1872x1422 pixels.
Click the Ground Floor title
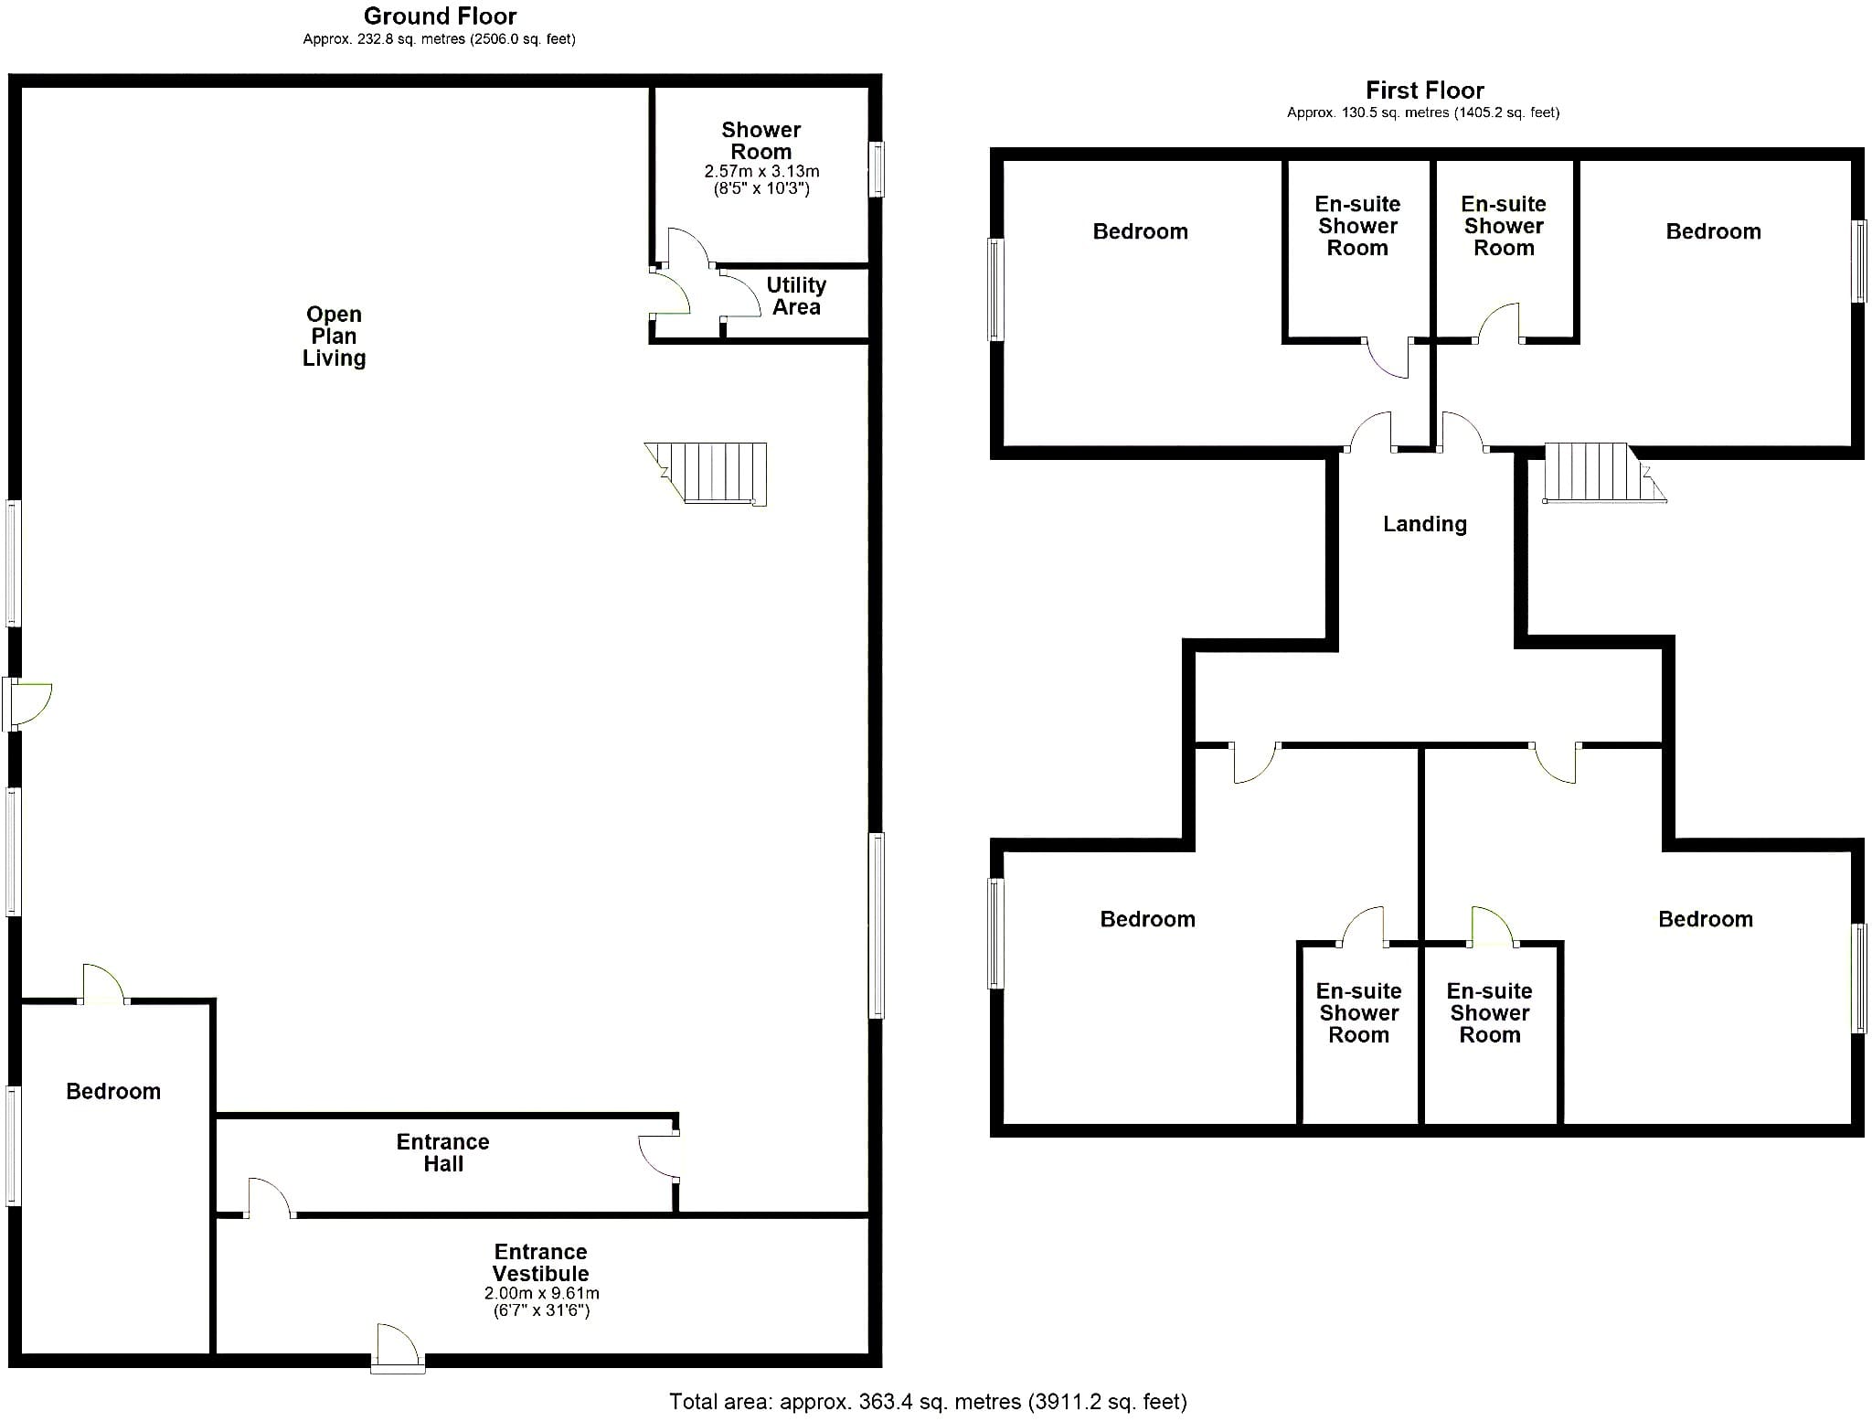(440, 16)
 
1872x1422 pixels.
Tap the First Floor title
(1424, 91)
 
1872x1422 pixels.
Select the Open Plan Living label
(334, 336)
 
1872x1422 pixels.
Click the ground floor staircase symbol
(706, 474)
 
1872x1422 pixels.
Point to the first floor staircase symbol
(1604, 473)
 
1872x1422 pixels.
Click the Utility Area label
(796, 295)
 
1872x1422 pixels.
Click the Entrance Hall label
(443, 1152)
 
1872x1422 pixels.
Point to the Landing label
(1425, 524)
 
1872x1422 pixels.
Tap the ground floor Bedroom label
(113, 1091)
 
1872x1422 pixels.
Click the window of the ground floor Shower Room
(876, 168)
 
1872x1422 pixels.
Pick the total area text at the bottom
(928, 1401)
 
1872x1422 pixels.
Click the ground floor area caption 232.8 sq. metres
(439, 39)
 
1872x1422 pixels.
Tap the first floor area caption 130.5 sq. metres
(1423, 112)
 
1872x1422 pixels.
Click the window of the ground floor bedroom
(13, 1145)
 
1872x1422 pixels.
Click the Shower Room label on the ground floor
(761, 141)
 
